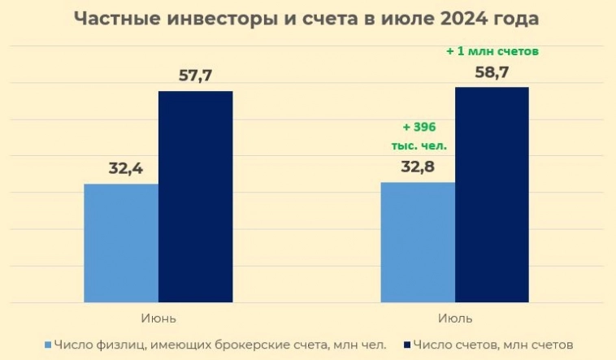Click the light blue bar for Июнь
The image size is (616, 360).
(x=121, y=243)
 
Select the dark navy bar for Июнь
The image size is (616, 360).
(x=195, y=196)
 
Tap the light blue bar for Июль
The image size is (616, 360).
(x=418, y=241)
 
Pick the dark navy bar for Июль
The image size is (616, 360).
(x=492, y=194)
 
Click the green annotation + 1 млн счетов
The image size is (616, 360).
(x=493, y=50)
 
